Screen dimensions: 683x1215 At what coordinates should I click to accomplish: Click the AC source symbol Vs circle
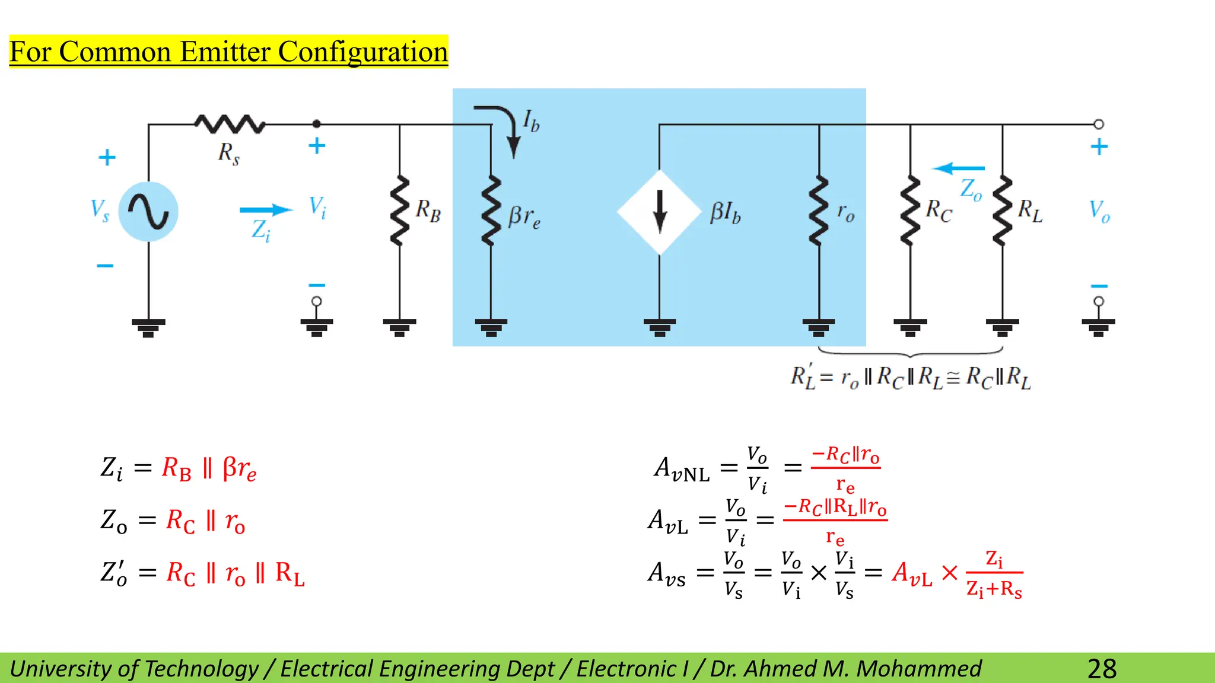click(x=148, y=212)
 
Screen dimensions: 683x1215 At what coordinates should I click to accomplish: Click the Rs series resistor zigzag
click(x=230, y=124)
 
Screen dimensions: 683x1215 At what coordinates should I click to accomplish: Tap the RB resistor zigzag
click(x=400, y=210)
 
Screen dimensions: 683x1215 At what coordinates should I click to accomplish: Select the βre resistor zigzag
click(x=491, y=210)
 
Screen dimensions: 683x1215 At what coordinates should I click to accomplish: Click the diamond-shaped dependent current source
click(x=660, y=212)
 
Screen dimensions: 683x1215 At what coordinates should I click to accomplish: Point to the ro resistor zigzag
click(x=819, y=210)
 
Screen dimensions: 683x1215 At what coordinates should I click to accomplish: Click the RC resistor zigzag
click(x=910, y=210)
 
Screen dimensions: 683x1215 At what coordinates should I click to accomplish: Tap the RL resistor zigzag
click(x=1003, y=210)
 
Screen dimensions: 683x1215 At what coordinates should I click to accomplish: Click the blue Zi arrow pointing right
click(x=266, y=210)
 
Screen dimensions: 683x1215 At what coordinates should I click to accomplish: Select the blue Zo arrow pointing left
click(x=958, y=168)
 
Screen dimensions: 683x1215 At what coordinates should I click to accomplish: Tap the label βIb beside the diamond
click(x=725, y=213)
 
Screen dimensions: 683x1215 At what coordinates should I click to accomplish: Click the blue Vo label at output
click(x=1099, y=211)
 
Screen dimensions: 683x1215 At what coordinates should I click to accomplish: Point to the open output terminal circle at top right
click(x=1099, y=125)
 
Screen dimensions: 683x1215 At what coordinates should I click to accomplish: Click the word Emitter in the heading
click(x=225, y=52)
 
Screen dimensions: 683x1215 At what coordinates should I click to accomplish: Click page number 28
click(x=1102, y=669)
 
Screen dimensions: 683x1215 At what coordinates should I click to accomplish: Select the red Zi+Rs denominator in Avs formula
click(x=994, y=589)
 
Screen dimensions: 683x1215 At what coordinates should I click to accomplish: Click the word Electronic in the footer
click(x=626, y=669)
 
